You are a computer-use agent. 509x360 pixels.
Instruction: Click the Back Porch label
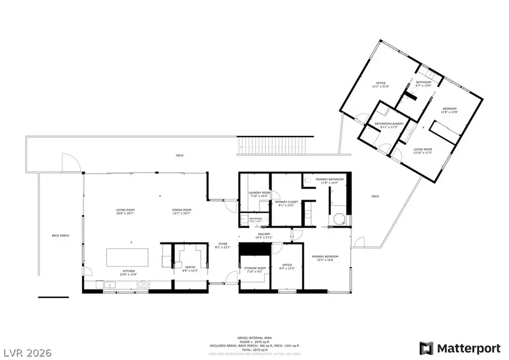pyautogui.click(x=60, y=235)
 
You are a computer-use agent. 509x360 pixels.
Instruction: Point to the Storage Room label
pyautogui.click(x=255, y=269)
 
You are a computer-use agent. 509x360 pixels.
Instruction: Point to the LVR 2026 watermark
pyautogui.click(x=27, y=353)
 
